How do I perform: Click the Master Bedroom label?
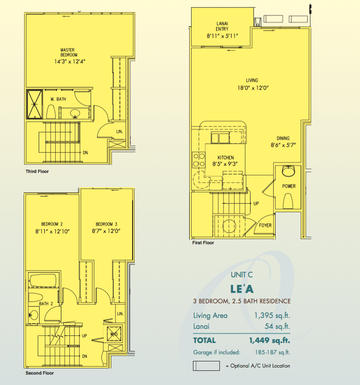[69, 52]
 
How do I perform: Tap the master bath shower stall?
[34, 104]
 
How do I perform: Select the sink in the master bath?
[75, 113]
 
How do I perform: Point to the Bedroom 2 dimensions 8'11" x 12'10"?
[52, 231]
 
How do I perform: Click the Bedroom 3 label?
[107, 224]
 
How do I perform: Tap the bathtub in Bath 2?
[43, 280]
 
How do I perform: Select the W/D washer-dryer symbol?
[114, 334]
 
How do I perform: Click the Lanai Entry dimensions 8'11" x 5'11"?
[222, 36]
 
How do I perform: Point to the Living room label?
[252, 80]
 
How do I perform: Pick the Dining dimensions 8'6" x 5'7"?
[283, 145]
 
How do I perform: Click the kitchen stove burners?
[199, 160]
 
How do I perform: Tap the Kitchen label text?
[226, 158]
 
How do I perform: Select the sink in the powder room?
[288, 171]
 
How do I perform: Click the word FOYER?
[265, 225]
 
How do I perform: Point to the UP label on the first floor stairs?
[256, 204]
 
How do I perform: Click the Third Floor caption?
[37, 171]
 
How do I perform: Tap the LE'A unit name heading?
[242, 289]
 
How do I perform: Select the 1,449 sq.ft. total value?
[269, 340]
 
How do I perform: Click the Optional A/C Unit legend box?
[206, 366]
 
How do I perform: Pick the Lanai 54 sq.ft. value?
[277, 326]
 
